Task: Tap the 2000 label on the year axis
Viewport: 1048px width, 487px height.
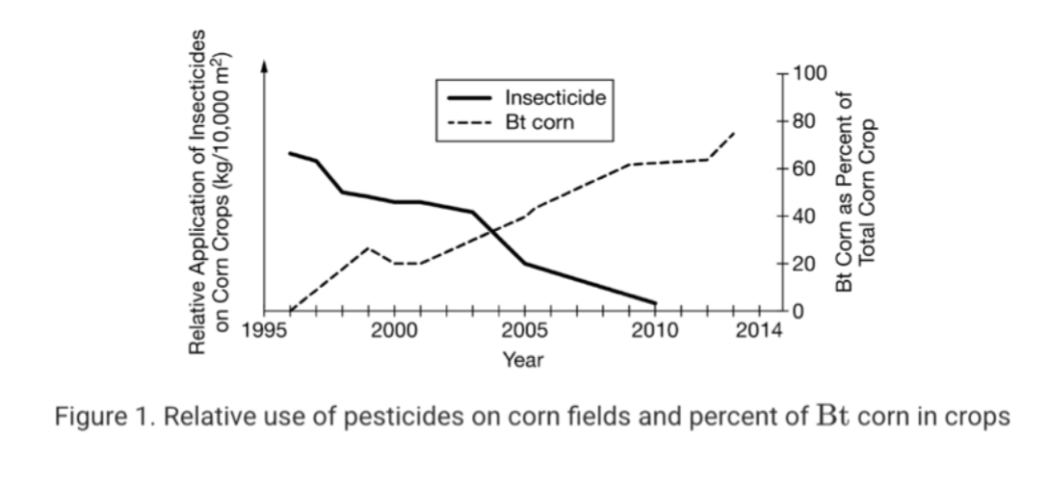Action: pos(394,332)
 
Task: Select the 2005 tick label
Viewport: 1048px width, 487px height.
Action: pos(525,332)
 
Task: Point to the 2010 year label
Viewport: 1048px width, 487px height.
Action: pos(656,332)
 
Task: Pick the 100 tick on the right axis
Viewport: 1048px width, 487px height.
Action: pos(813,73)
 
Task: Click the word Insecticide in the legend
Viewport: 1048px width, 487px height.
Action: pos(556,98)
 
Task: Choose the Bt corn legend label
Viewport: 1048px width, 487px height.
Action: pos(539,122)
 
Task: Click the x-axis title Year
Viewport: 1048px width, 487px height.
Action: pos(523,360)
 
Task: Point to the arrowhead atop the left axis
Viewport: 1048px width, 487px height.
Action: pos(265,66)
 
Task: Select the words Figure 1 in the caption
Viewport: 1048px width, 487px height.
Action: pos(95,418)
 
